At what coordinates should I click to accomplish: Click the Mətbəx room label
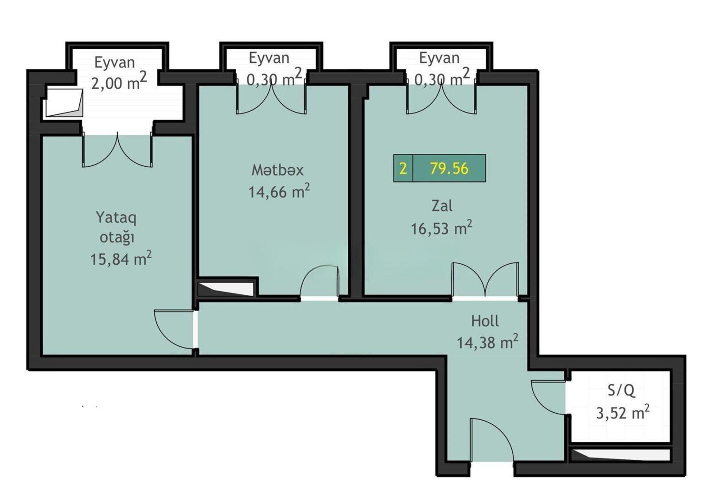[x=277, y=170]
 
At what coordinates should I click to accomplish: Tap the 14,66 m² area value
[x=279, y=191]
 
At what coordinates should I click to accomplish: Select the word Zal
[x=442, y=206]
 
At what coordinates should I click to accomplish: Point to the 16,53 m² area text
[x=441, y=228]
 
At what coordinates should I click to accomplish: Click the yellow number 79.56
[x=449, y=168]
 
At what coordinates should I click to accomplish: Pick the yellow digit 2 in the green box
[x=403, y=168]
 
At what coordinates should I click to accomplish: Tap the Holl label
[x=485, y=321]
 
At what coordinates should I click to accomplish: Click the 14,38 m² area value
[x=487, y=342]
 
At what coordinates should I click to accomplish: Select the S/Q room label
[x=621, y=391]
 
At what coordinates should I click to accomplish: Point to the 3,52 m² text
[x=623, y=413]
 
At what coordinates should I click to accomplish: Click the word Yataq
[x=116, y=219]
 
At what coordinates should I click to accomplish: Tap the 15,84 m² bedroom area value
[x=121, y=259]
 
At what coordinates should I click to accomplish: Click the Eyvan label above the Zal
[x=439, y=58]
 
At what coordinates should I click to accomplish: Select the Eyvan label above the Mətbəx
[x=269, y=58]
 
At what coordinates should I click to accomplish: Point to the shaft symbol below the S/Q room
[x=620, y=455]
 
